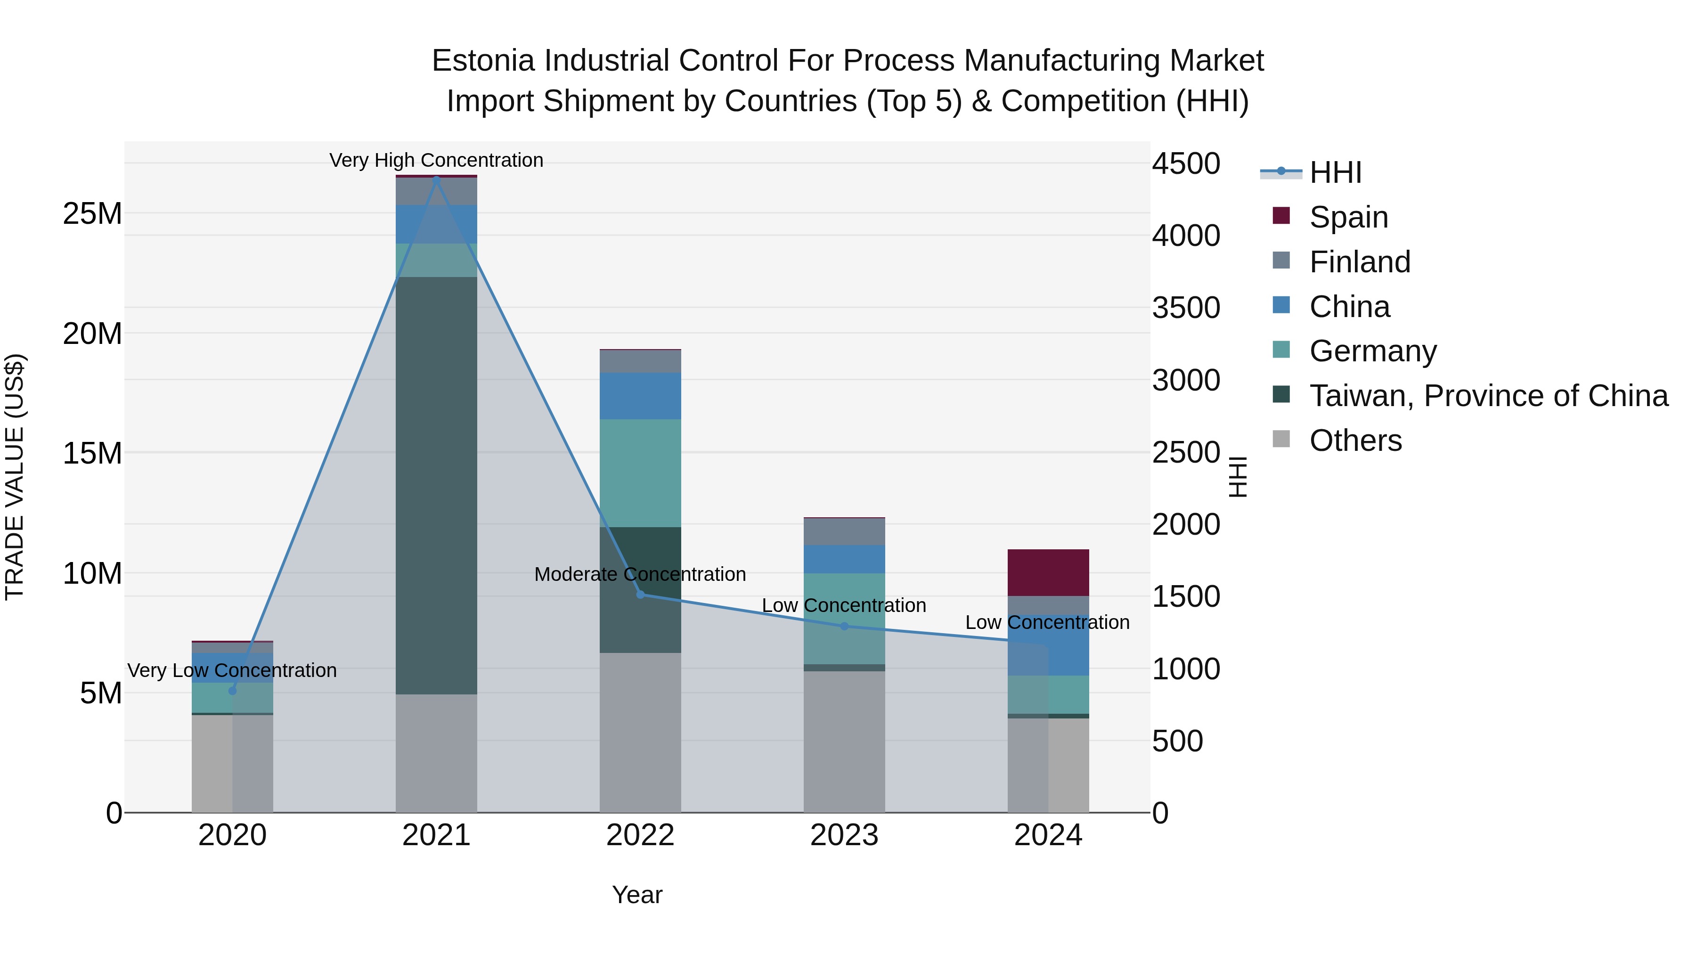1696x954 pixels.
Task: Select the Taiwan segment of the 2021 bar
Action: [436, 485]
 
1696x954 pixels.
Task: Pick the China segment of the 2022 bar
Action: [640, 396]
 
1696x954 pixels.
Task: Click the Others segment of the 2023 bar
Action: [844, 742]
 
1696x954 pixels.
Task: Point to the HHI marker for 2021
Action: [436, 179]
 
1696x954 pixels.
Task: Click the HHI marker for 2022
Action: [640, 595]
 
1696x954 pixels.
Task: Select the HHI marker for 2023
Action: [844, 626]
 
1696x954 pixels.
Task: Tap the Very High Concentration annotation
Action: [436, 160]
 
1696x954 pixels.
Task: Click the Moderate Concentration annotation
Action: [640, 574]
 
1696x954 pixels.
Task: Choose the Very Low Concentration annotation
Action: [232, 670]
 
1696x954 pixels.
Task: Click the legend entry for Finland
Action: [1360, 262]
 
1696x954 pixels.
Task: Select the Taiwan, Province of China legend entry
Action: [1488, 396]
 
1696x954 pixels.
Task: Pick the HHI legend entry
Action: [1335, 172]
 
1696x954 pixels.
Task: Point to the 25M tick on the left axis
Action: [92, 213]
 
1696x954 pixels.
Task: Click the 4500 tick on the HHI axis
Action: [1186, 163]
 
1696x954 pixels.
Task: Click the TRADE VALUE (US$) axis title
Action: [15, 477]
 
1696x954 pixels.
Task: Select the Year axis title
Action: [636, 895]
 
